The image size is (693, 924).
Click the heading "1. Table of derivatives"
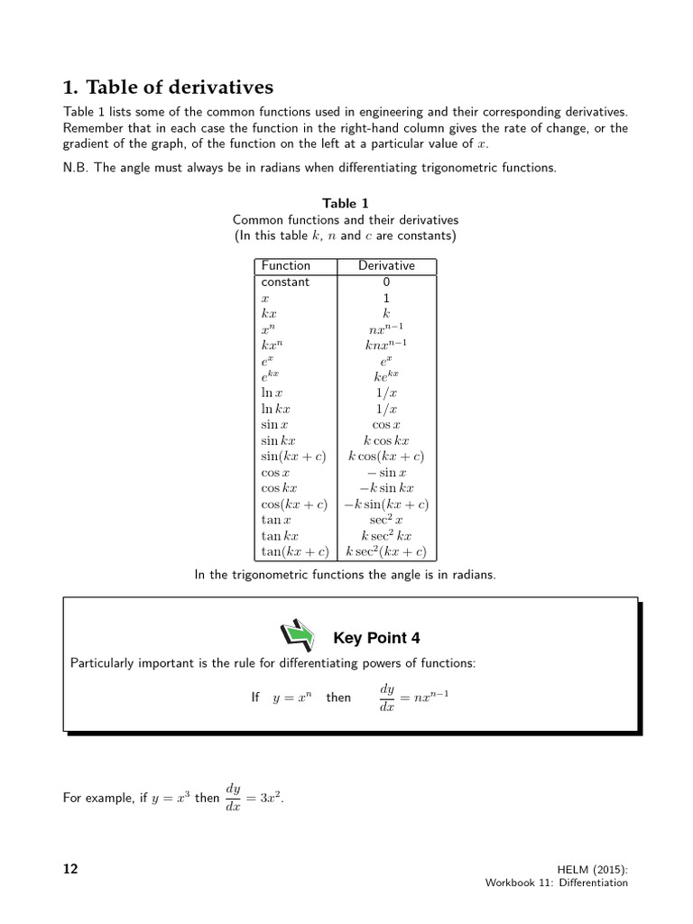[168, 88]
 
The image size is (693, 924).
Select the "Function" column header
[285, 266]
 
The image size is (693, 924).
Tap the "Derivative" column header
[386, 266]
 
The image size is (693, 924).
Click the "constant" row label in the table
[285, 282]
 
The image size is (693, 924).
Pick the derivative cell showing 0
[386, 282]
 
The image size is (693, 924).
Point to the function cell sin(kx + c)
[294, 457]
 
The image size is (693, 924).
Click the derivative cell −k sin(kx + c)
[386, 504]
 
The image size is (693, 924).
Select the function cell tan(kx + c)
[294, 551]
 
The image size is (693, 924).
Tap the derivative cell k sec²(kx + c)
[386, 551]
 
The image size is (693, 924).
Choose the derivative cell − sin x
[386, 473]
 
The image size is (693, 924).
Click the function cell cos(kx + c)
[294, 504]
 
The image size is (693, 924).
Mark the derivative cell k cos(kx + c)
[386, 457]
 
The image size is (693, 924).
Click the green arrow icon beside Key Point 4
[299, 636]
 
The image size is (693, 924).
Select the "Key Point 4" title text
[376, 639]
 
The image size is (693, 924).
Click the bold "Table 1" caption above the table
[346, 204]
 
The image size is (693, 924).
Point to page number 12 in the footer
[70, 869]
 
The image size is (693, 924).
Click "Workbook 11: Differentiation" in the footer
[556, 883]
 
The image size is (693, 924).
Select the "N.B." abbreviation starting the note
[76, 167]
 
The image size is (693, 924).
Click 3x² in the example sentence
[265, 798]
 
